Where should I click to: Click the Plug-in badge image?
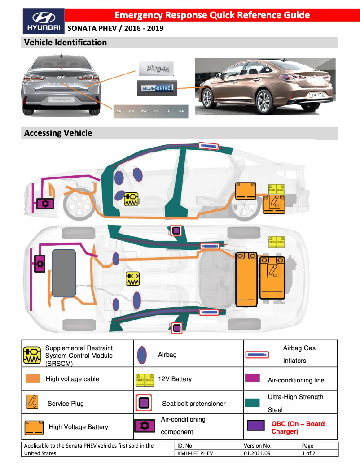pyautogui.click(x=155, y=69)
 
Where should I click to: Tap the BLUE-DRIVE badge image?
pyautogui.click(x=157, y=88)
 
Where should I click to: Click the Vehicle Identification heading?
pyautogui.click(x=66, y=43)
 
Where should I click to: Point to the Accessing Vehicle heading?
pyautogui.click(x=58, y=133)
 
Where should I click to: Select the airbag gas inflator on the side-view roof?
pyautogui.click(x=208, y=146)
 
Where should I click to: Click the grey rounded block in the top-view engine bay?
pyautogui.click(x=63, y=272)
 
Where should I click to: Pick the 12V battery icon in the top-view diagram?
pyautogui.click(x=276, y=241)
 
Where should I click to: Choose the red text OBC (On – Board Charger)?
pyautogui.click(x=298, y=427)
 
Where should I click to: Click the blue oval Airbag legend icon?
pyautogui.click(x=142, y=354)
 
